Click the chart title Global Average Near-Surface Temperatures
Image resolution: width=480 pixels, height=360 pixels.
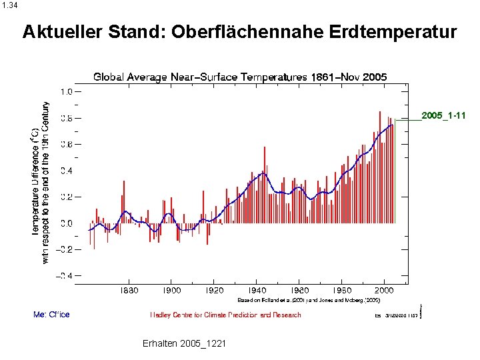point(200,77)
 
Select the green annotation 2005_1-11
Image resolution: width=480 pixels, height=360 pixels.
point(443,116)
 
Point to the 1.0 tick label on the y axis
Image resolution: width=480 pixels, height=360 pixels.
point(67,91)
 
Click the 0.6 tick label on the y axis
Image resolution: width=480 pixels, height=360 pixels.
point(67,144)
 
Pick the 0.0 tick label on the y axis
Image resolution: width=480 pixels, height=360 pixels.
point(67,223)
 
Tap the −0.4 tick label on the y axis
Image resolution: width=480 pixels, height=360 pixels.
point(65,276)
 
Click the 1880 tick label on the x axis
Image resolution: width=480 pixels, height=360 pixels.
point(129,291)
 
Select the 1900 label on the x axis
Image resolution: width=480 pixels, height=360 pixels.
point(172,291)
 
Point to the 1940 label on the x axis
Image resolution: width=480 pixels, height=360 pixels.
point(257,291)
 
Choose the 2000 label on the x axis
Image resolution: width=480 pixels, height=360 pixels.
point(384,291)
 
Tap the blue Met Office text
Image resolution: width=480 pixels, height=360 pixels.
point(51,315)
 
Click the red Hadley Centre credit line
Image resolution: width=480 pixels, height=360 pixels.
point(225,315)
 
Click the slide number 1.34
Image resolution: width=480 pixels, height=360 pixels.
point(10,5)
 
